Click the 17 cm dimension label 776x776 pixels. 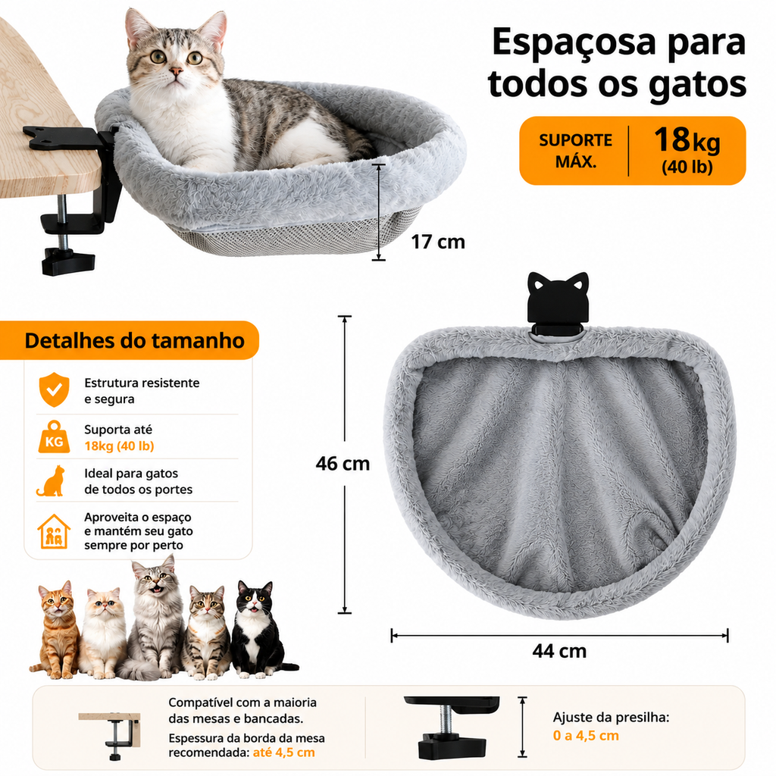[438, 242]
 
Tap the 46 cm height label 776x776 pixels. [343, 464]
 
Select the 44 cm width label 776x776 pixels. [559, 651]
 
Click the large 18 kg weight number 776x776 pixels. [687, 139]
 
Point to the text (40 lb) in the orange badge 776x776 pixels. [687, 167]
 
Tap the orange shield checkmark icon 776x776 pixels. [54, 390]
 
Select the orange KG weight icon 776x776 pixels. [54, 437]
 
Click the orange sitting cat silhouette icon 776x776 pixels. [51, 480]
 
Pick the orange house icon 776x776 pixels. [54, 531]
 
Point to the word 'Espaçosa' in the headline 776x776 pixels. [574, 43]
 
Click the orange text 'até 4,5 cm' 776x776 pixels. [283, 753]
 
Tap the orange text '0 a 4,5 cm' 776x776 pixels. [586, 735]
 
